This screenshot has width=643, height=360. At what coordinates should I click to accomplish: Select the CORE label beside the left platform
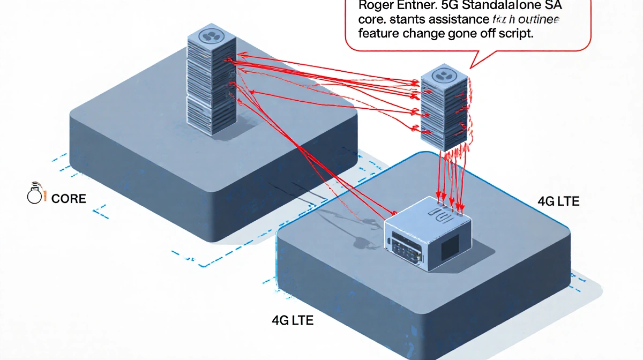click(69, 199)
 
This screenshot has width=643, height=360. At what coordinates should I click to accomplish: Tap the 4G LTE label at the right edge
click(558, 202)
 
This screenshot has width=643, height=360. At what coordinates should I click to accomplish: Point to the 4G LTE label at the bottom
click(293, 321)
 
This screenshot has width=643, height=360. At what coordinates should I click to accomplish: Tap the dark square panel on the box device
click(449, 245)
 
